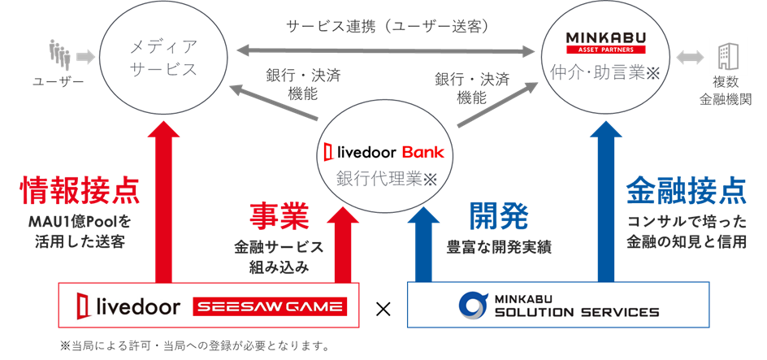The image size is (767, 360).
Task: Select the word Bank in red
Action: pos(423,152)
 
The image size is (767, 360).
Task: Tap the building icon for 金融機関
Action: pos(725,55)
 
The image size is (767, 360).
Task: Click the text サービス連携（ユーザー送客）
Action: pos(386,26)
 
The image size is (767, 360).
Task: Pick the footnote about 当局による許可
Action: pos(194,346)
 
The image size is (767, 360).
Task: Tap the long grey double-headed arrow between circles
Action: pos(386,51)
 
